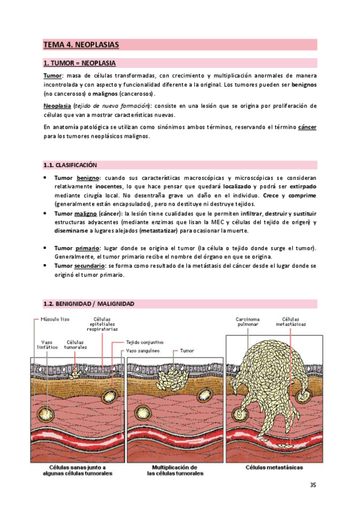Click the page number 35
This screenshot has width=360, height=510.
point(313,485)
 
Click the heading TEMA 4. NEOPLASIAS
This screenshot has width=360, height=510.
point(81,45)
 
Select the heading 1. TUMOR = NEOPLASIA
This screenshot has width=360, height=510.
point(80,63)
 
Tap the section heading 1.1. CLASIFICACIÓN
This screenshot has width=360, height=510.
point(70,165)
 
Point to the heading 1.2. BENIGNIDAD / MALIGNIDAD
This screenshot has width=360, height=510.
point(89,304)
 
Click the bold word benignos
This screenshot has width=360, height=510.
point(304,85)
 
